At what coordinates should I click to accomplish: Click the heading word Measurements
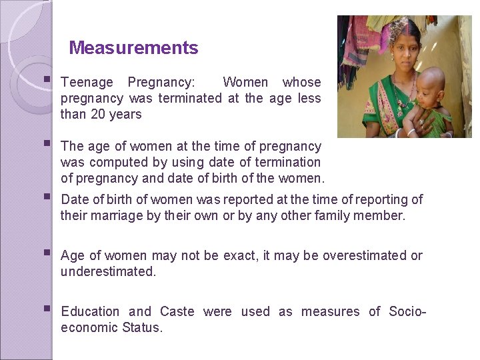[x=133, y=48]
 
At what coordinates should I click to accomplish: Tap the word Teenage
[x=87, y=83]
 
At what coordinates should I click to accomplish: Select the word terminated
[x=190, y=98]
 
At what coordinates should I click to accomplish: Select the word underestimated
[x=108, y=271]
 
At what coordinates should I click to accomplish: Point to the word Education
[x=90, y=311]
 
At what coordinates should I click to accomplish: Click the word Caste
[x=177, y=311]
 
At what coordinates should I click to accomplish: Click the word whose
[x=301, y=83]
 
